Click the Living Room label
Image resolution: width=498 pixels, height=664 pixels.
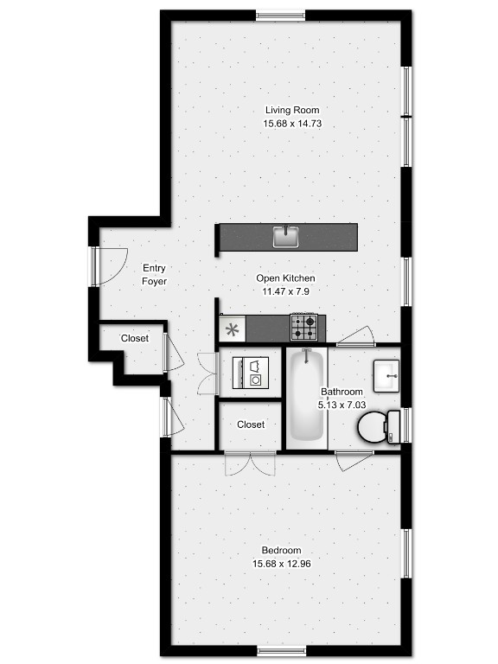click(x=292, y=110)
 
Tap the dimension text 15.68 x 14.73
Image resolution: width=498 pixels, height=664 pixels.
click(x=292, y=124)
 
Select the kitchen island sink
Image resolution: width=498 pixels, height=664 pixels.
click(x=286, y=236)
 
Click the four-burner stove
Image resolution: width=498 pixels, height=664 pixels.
click(x=304, y=327)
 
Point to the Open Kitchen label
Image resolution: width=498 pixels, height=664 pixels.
click(x=285, y=278)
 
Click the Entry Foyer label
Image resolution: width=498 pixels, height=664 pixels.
click(x=154, y=274)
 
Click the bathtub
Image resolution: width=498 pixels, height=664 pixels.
click(x=307, y=398)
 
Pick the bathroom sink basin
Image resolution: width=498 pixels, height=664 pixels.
click(x=386, y=375)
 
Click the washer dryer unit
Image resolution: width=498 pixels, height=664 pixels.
click(x=251, y=373)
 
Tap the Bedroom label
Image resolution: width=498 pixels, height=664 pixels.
click(x=281, y=551)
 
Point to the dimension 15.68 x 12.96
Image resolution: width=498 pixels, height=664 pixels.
click(x=282, y=564)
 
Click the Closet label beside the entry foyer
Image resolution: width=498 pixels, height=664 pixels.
click(x=135, y=338)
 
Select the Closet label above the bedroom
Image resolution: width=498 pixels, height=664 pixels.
click(x=251, y=425)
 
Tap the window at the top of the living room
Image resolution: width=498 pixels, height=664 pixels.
click(x=281, y=16)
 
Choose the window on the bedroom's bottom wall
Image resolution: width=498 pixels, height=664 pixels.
click(x=282, y=651)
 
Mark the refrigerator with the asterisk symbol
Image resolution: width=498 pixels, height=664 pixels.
click(x=232, y=329)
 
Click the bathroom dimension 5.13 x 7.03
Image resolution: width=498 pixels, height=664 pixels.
click(x=342, y=405)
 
